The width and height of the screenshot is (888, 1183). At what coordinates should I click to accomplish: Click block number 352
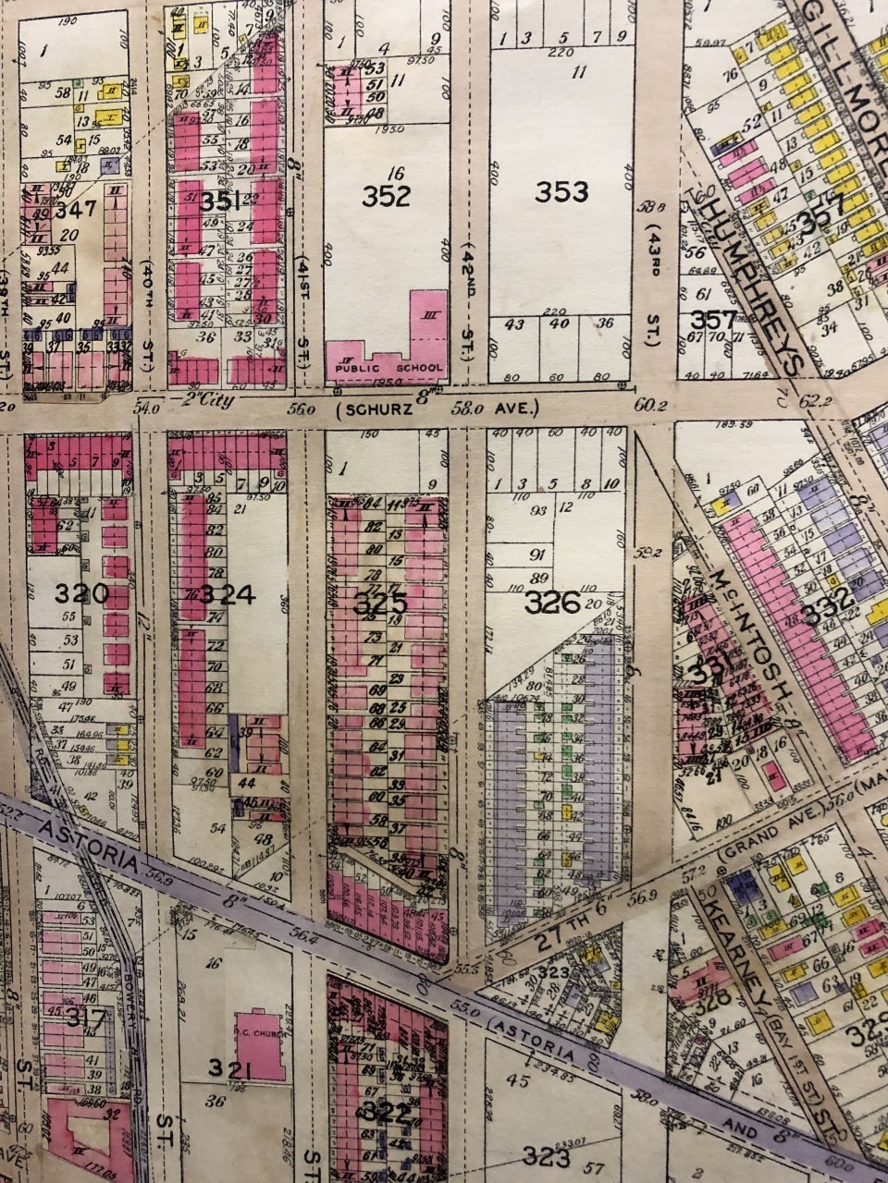(386, 197)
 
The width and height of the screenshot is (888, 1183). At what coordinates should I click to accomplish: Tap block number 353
(561, 191)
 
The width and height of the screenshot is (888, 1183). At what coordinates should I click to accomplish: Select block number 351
(221, 201)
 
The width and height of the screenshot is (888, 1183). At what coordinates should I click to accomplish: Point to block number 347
(76, 210)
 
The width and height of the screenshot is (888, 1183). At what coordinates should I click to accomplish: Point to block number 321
(229, 1069)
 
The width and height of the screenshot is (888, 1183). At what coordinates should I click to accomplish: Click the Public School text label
(388, 367)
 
